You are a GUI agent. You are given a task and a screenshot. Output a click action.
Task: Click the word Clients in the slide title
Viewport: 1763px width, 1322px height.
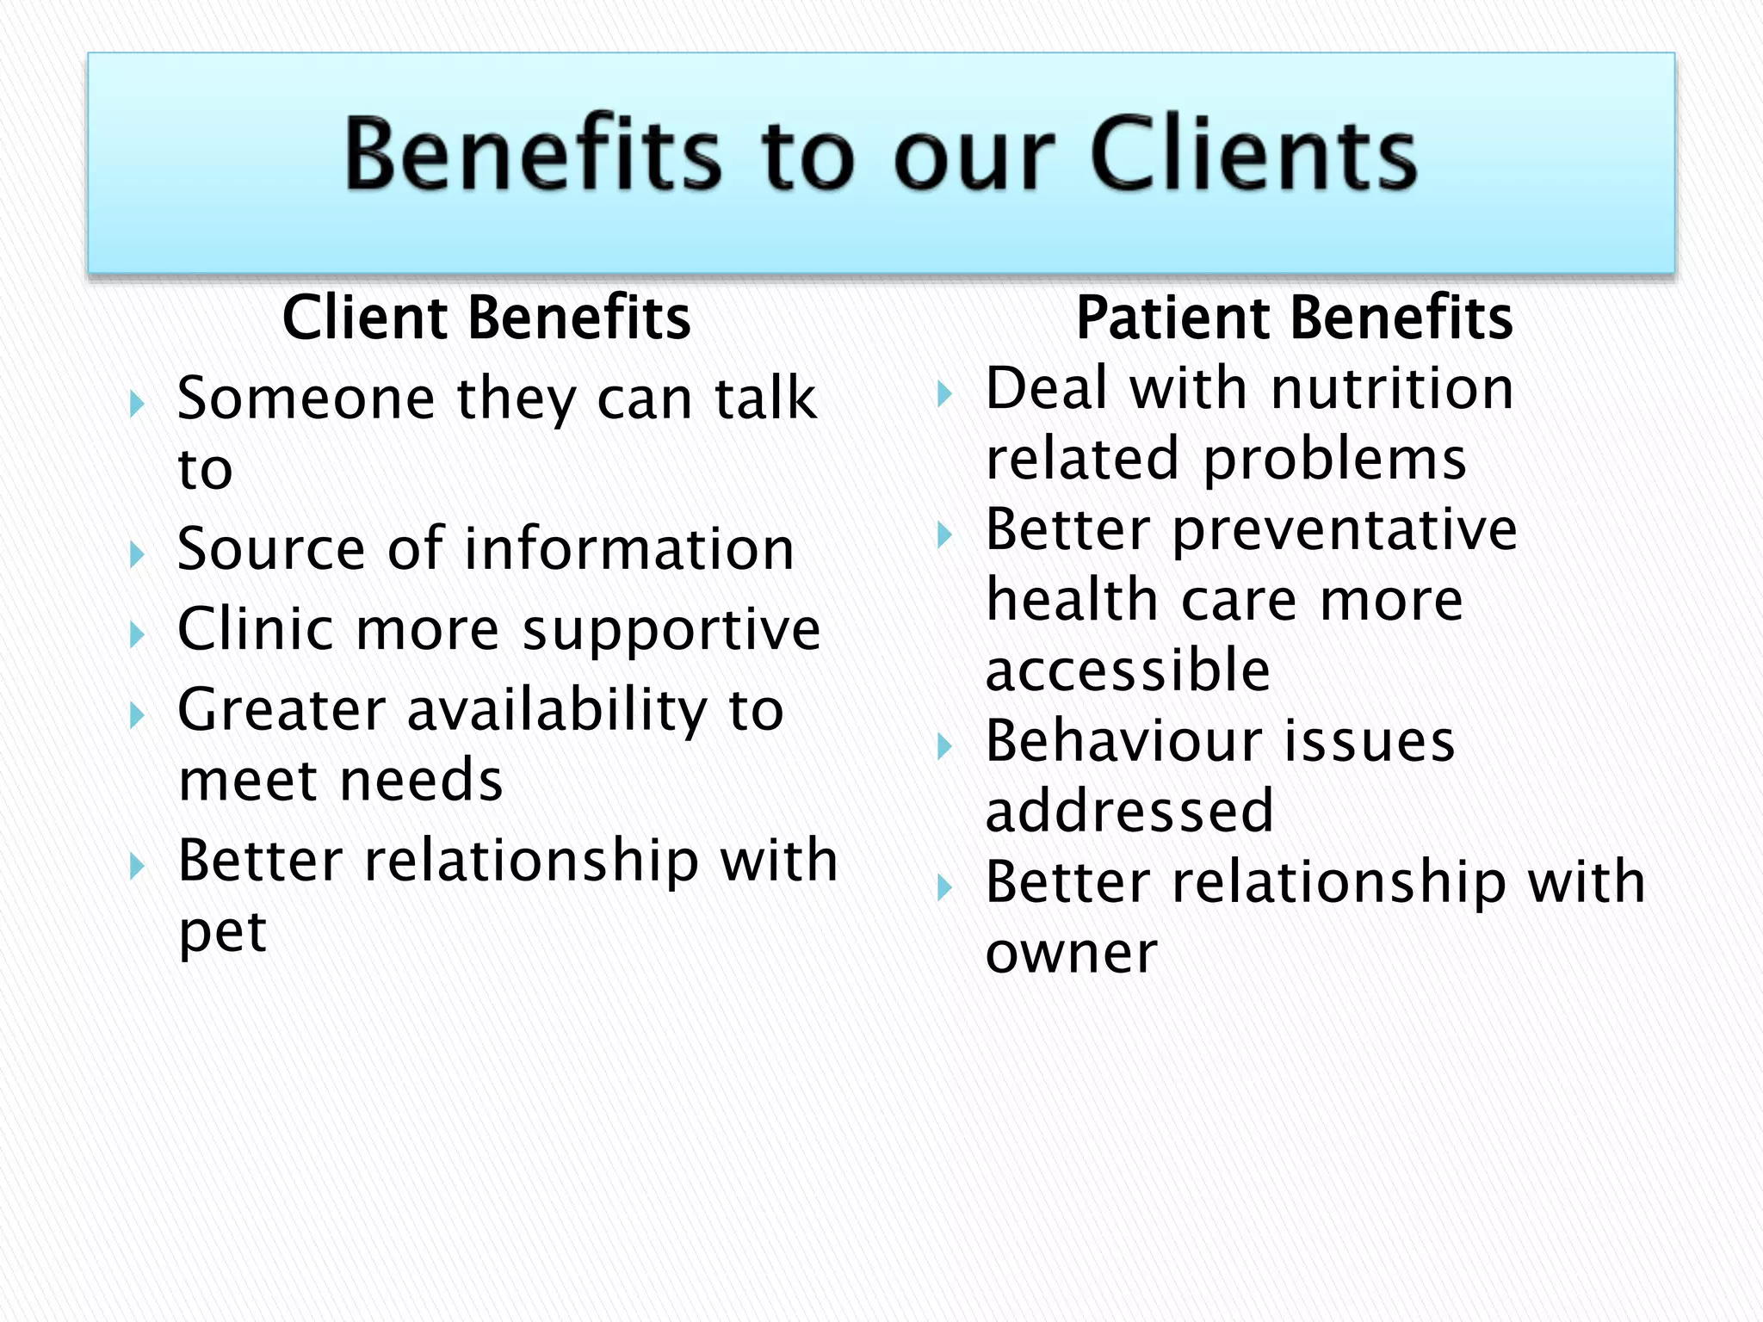click(1253, 155)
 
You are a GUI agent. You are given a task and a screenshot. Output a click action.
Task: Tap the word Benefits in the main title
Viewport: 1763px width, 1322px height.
click(532, 155)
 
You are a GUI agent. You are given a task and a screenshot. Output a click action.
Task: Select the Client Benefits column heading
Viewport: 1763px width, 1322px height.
click(486, 318)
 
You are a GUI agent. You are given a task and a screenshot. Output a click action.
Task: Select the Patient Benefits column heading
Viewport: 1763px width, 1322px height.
click(1294, 318)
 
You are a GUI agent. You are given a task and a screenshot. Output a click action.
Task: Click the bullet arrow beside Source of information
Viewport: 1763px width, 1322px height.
click(136, 554)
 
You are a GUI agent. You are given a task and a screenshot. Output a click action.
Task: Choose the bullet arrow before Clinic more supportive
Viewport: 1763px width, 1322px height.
click(136, 635)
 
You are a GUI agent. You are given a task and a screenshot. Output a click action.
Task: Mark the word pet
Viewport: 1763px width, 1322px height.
click(222, 932)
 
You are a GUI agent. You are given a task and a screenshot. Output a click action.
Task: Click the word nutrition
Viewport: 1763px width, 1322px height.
click(1392, 388)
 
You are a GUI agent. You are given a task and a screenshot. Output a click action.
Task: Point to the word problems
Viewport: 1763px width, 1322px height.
click(1334, 459)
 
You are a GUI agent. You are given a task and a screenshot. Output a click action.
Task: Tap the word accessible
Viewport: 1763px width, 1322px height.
click(1128, 670)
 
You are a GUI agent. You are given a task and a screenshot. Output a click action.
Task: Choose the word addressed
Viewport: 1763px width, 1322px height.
click(1129, 812)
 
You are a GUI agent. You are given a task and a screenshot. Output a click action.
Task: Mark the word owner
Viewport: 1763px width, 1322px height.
click(1072, 953)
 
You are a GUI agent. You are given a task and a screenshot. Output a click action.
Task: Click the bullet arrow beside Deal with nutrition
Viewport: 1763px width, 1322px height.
click(944, 394)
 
